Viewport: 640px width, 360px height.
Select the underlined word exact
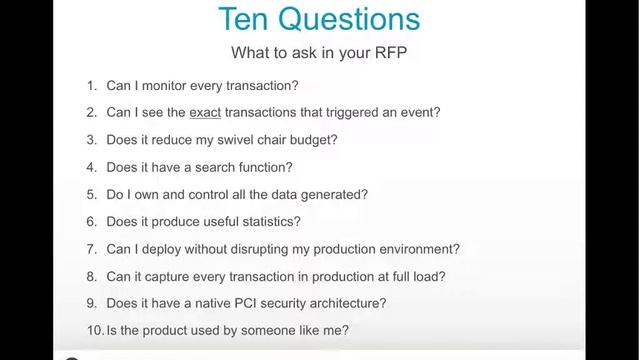click(205, 113)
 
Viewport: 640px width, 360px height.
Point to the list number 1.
click(91, 86)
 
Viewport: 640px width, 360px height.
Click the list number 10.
click(93, 330)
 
